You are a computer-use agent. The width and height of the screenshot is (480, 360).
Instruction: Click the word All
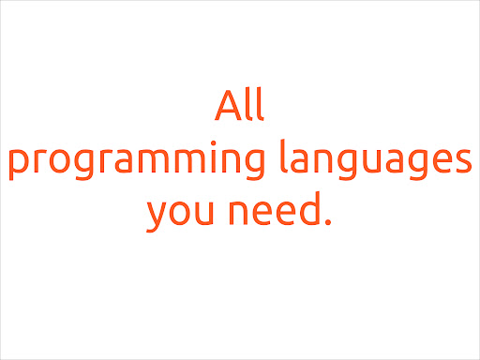click(x=239, y=106)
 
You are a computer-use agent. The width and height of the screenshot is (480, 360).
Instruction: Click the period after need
click(x=328, y=226)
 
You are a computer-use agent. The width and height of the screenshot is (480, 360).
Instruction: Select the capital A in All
click(x=228, y=106)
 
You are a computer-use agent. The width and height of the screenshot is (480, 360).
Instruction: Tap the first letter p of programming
click(x=18, y=166)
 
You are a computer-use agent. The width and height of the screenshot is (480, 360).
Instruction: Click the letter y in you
click(x=157, y=218)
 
